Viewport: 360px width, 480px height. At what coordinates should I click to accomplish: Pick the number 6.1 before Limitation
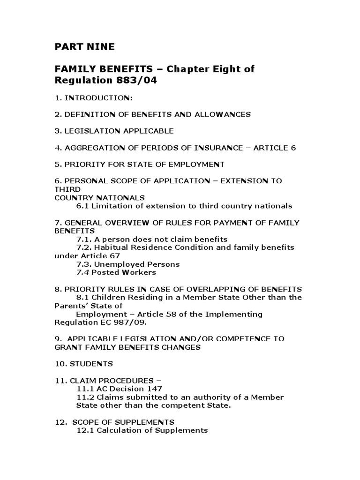coord(82,206)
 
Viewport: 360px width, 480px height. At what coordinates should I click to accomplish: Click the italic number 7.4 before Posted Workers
coord(82,272)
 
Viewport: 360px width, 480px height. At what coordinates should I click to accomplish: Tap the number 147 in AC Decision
coord(155,389)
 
